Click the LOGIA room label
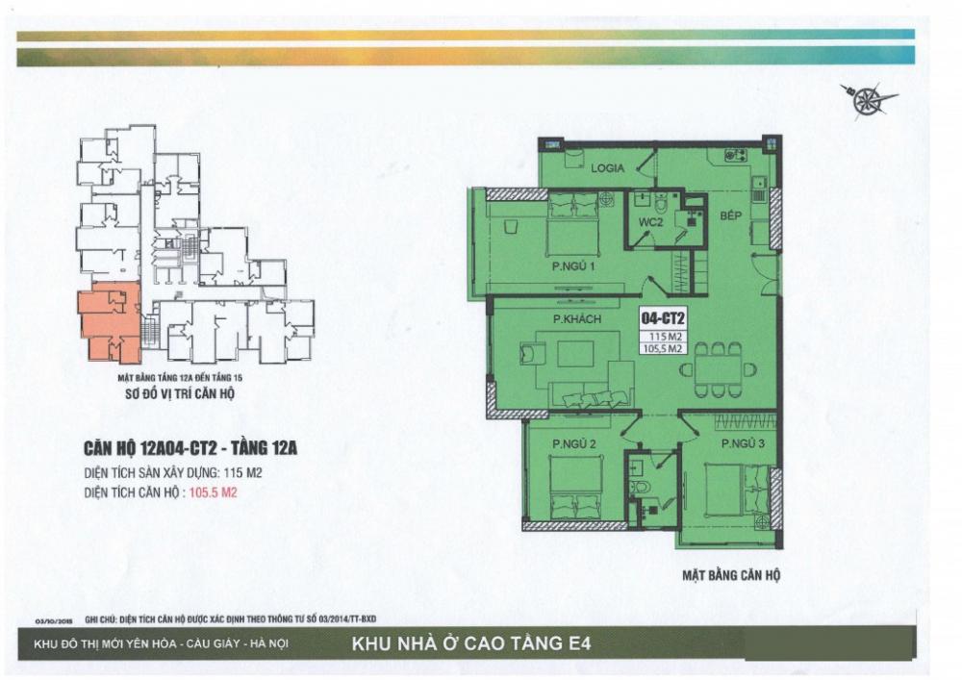pos(609,167)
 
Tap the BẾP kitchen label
pos(735,217)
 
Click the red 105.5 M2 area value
pos(214,493)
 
